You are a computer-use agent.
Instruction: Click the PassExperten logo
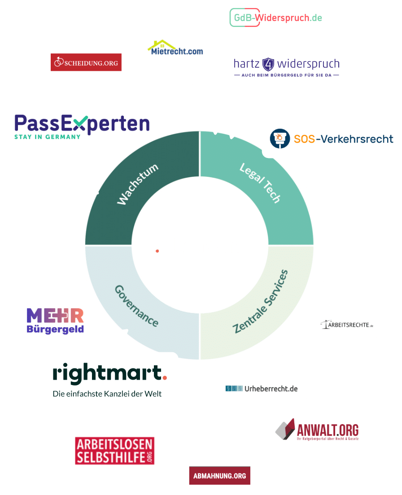82,126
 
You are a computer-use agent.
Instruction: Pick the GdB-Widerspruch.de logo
276,18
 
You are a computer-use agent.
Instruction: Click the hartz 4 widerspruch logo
286,66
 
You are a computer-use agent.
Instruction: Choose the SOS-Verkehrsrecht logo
332,139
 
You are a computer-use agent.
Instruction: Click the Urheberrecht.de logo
262,388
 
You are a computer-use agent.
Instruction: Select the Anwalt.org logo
317,430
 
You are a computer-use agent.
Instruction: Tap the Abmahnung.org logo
219,476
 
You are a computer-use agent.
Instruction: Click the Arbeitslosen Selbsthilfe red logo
115,451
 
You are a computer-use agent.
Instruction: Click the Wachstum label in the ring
138,184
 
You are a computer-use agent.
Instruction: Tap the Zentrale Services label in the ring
261,301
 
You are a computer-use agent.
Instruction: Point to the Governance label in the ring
136,305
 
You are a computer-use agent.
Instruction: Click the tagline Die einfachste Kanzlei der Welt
107,394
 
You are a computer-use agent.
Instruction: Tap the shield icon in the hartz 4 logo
268,64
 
